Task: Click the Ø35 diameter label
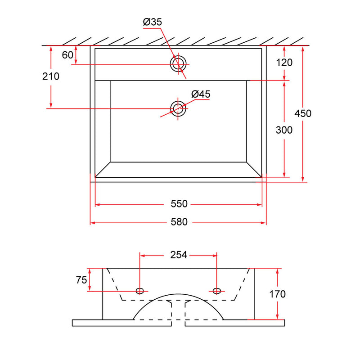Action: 153,22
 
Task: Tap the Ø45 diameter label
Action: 201,94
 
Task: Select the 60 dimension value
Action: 67,55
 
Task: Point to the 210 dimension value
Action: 51,76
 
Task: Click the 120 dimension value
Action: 284,63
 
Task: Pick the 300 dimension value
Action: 284,130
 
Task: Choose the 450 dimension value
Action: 303,113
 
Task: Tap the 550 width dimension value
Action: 179,204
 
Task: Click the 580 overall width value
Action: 179,222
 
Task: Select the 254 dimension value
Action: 179,255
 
